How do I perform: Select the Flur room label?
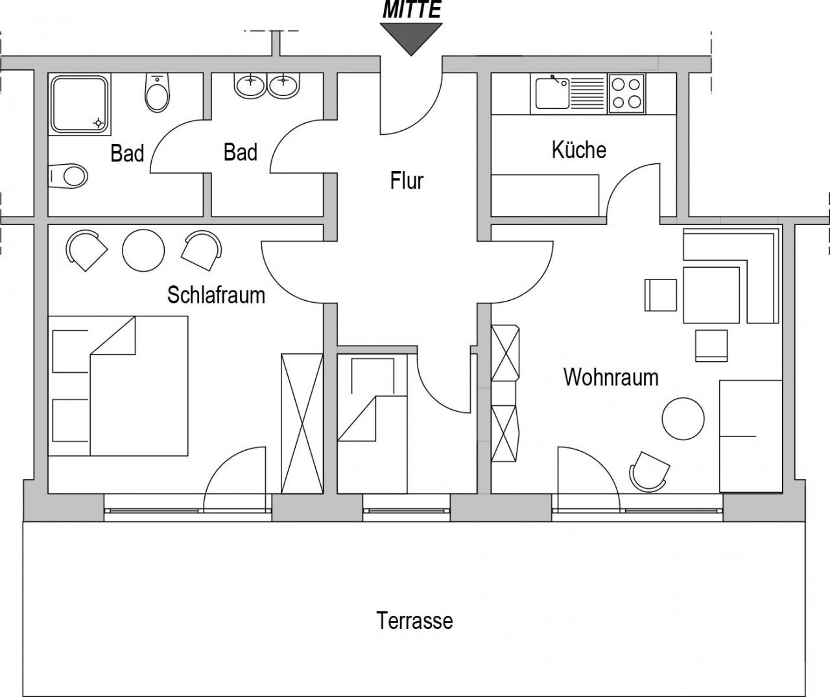(407, 180)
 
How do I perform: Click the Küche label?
(579, 150)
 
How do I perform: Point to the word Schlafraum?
(216, 294)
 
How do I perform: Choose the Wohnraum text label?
(611, 377)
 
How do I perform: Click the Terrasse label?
(414, 620)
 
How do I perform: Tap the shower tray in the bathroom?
(80, 104)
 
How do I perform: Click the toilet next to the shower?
(158, 92)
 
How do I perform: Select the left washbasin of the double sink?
(250, 86)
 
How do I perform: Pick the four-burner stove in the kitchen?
(626, 94)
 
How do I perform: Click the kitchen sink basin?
(552, 93)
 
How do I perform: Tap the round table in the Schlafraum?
(143, 250)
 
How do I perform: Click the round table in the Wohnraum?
(683, 419)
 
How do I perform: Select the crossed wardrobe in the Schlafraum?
(302, 423)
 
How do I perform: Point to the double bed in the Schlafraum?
(118, 386)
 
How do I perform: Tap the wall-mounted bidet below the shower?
(68, 176)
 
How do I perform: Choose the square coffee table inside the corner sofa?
(711, 294)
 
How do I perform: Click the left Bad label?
(127, 153)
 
